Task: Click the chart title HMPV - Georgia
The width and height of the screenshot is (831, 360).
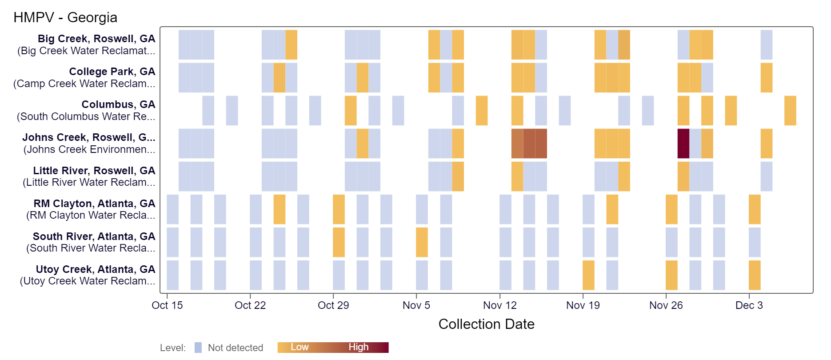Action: [65, 17]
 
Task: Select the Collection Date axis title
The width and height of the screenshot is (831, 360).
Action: [486, 324]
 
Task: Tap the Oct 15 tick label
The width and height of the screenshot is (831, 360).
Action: [167, 305]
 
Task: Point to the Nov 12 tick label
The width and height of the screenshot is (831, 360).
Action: [499, 305]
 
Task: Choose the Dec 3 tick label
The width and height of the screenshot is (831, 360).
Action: [749, 305]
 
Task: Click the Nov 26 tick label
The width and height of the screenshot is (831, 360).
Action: [666, 305]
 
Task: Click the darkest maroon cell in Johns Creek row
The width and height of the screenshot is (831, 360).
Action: [683, 144]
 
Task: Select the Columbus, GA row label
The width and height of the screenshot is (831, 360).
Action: [118, 104]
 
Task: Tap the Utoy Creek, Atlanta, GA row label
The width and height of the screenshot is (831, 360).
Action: [96, 269]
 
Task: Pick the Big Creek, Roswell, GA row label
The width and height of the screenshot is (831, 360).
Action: [96, 39]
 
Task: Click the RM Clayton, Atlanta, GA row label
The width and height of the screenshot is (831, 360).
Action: [94, 204]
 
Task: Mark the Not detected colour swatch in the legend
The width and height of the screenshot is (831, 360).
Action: [198, 348]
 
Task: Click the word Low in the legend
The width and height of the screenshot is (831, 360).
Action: [300, 347]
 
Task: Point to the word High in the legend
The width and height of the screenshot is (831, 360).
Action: [358, 347]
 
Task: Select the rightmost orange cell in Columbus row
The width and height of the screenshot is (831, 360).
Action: [790, 111]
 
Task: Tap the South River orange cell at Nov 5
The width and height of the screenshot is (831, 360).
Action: [422, 242]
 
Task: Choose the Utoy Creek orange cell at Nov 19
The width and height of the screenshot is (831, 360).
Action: [588, 275]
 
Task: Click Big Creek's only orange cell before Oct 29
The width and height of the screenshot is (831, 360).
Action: [291, 44]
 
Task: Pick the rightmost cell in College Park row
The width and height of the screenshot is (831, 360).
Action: [766, 78]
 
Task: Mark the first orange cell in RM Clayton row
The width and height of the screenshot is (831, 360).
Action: [279, 209]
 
